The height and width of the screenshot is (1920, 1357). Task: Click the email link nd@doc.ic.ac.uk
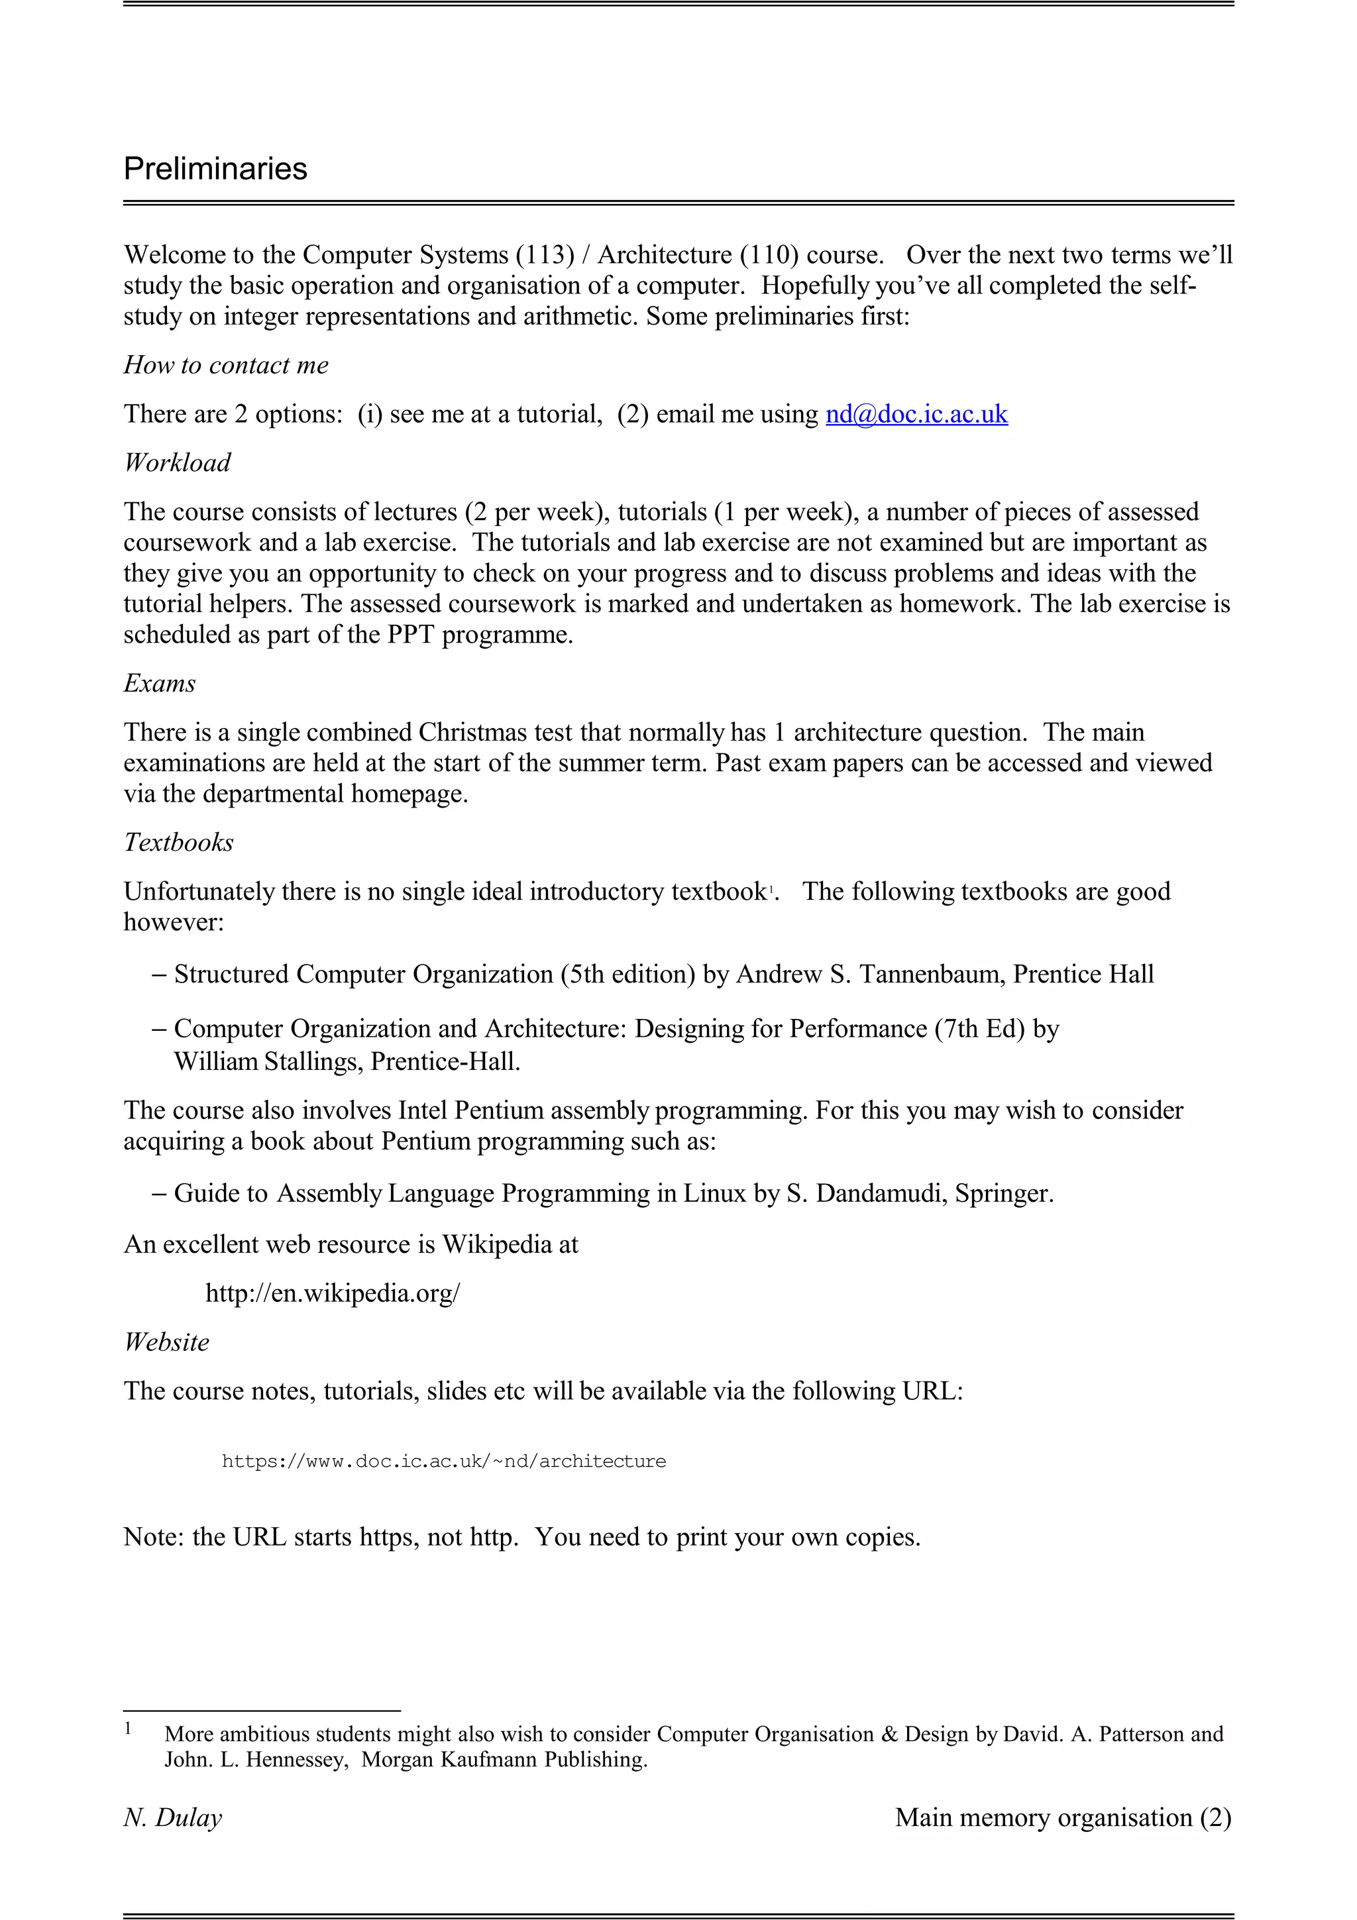916,414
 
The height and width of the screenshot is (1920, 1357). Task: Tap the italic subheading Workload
178,462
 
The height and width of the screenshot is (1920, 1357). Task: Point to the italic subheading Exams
160,683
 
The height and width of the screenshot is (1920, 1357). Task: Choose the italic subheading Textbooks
178,842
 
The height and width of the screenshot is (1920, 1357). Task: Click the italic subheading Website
166,1342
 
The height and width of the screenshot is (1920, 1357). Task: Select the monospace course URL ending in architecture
443,1461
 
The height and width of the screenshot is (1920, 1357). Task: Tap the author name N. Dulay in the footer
173,1817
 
